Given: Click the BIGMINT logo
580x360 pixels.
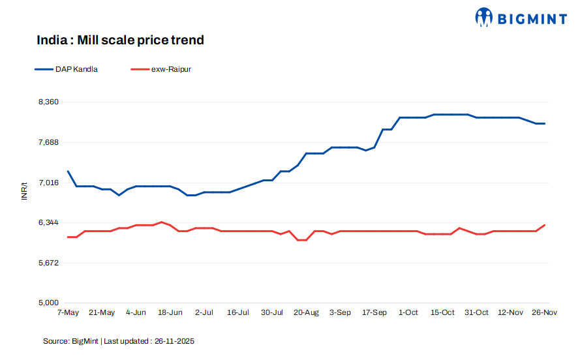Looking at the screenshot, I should point(521,18).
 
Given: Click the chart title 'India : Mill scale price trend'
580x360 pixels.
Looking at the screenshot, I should point(120,40).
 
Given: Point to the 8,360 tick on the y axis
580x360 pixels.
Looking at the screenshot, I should point(48,102).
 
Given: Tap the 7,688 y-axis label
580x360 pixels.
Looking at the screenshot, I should point(48,142).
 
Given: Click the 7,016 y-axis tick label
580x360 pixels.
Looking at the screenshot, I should point(48,183).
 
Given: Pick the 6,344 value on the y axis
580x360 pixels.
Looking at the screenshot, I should point(48,222).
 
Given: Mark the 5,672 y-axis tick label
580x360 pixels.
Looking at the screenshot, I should point(48,263).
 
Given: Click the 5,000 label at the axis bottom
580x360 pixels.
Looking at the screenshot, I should point(48,303).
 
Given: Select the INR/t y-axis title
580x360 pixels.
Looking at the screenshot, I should point(25,190).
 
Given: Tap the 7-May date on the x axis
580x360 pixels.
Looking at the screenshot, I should point(68,313).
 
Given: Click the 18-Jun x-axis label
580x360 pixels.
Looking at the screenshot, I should point(170,313).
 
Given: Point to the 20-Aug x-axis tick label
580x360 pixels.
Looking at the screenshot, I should point(307,313).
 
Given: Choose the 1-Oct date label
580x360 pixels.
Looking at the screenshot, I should point(408,313).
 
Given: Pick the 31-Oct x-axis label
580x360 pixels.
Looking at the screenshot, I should point(477,313).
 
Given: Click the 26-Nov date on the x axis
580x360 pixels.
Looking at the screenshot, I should point(545,313).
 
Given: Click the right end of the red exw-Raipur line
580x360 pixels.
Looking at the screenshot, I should point(545,225).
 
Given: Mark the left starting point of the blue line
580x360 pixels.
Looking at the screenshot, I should point(68,172).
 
